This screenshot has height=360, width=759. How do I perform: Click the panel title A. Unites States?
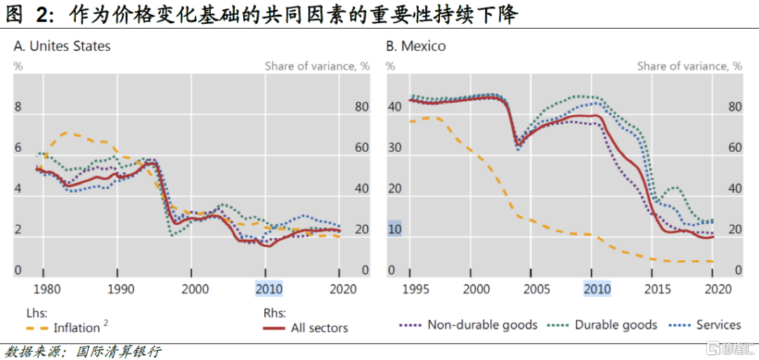tap(62, 46)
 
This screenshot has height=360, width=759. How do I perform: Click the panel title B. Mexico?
tap(415, 46)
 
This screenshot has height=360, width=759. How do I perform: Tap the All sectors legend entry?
tap(319, 328)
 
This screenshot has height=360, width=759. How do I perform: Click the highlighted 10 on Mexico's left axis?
tap(394, 229)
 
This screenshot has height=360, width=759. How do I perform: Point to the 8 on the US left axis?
tap(19, 108)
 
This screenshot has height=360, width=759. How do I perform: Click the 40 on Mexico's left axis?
tap(394, 108)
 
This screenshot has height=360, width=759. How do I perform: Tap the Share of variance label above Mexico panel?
tap(689, 66)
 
